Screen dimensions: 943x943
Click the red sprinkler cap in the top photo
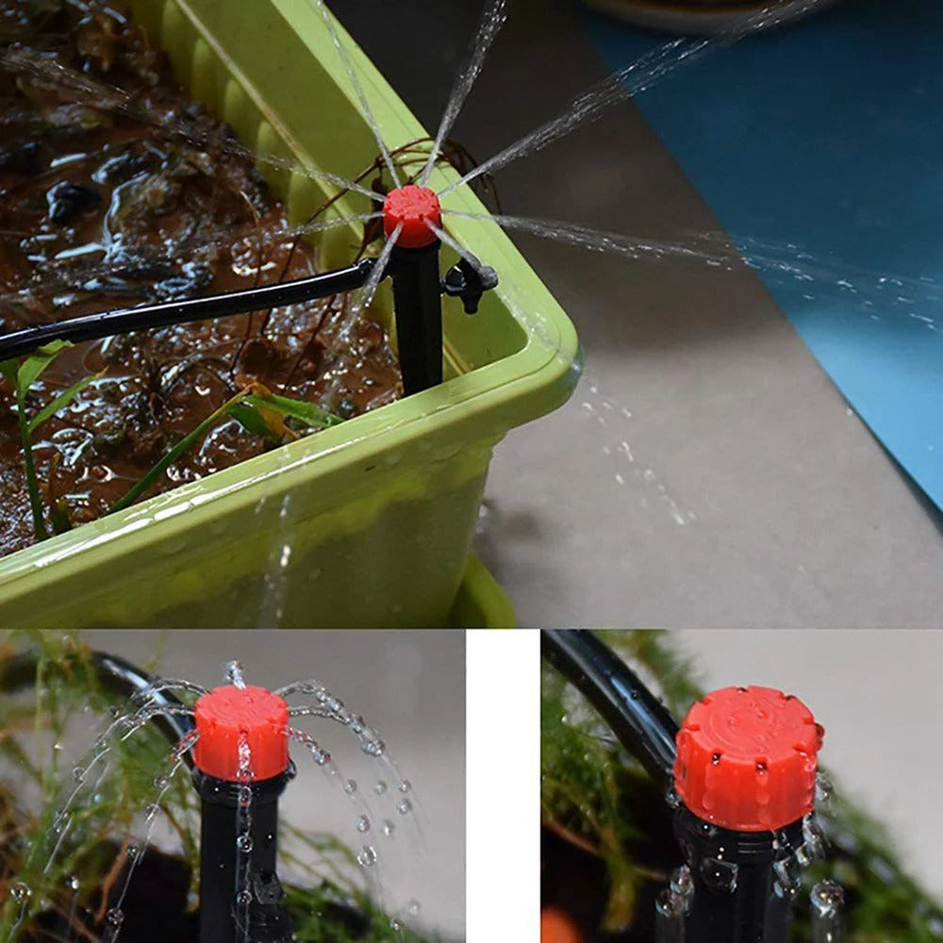tap(412, 214)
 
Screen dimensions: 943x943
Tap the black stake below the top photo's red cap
tap(418, 321)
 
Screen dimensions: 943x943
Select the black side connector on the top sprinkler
tap(470, 280)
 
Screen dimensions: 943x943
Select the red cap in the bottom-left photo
tap(242, 733)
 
